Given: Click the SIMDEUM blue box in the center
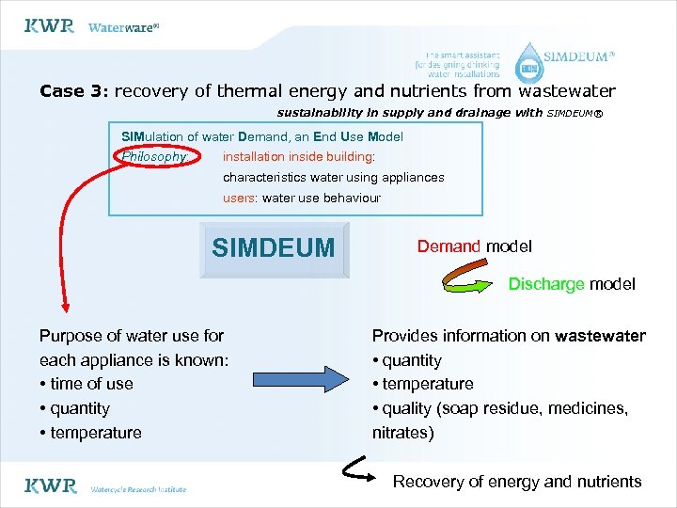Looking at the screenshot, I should [274, 248].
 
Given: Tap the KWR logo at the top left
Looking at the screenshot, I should [49, 26].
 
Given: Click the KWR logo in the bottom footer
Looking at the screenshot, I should [50, 486].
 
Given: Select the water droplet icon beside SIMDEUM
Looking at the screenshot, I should [531, 62].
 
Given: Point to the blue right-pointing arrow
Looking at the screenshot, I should [298, 380].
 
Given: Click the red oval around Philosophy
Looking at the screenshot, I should [155, 157].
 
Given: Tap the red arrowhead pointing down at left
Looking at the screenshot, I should [65, 303].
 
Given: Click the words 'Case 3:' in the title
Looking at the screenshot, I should [74, 91].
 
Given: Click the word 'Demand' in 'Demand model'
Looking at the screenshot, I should [449, 246].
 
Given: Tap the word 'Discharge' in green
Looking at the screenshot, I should [546, 284].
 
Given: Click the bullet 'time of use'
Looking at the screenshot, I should [87, 384].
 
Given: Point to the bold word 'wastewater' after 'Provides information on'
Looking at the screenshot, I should [600, 336].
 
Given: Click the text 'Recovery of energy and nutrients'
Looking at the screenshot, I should [517, 482].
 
